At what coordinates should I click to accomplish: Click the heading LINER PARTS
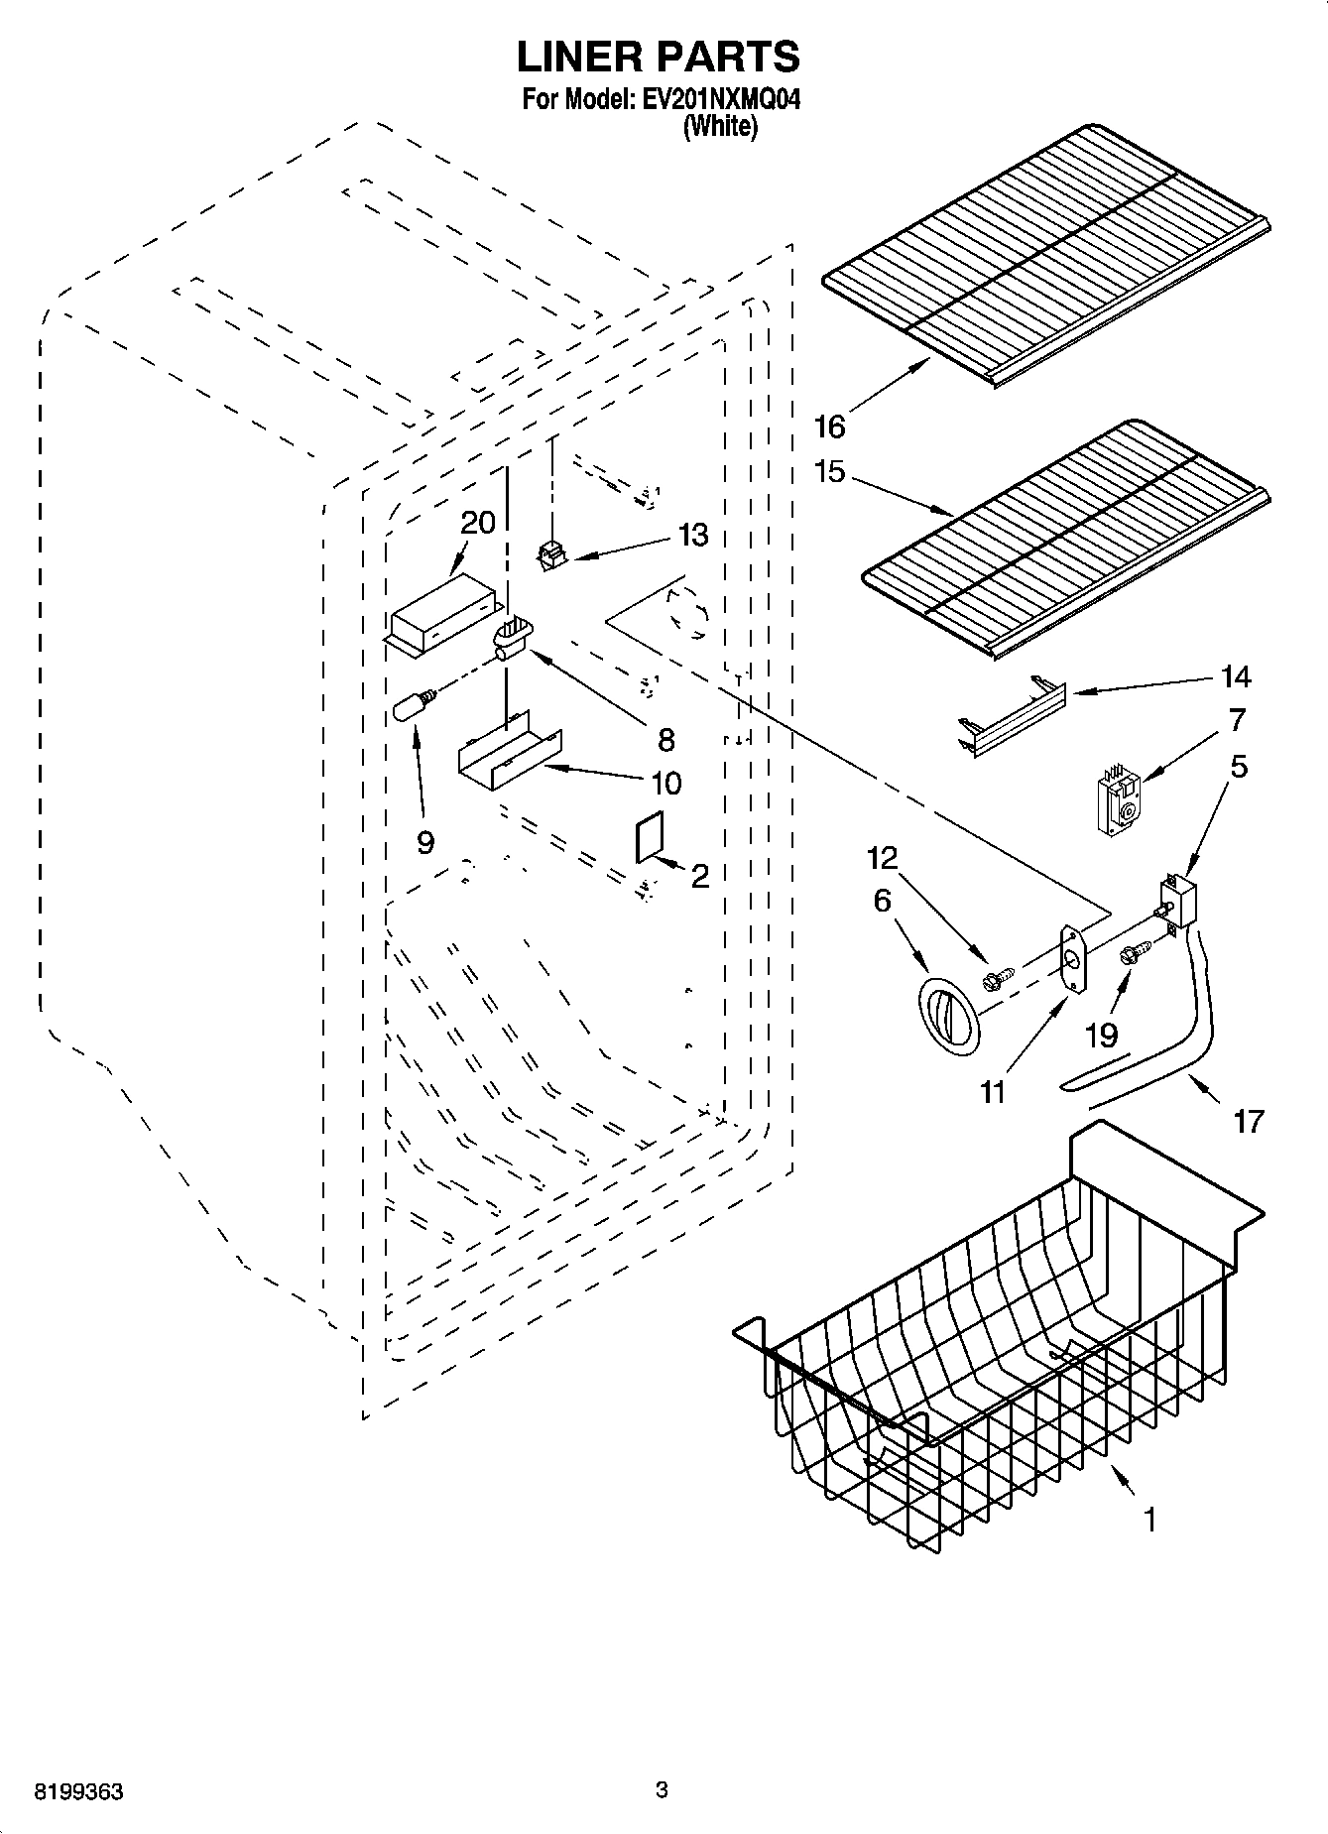[x=659, y=58]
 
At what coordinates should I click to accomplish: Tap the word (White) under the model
[x=720, y=126]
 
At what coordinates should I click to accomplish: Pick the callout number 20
[x=478, y=523]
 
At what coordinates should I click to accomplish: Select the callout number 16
[x=829, y=427]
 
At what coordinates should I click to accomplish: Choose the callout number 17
[x=1249, y=1121]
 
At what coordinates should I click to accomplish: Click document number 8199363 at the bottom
[x=79, y=1792]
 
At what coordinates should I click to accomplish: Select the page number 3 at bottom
[x=663, y=1790]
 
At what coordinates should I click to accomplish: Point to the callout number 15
[x=829, y=471]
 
